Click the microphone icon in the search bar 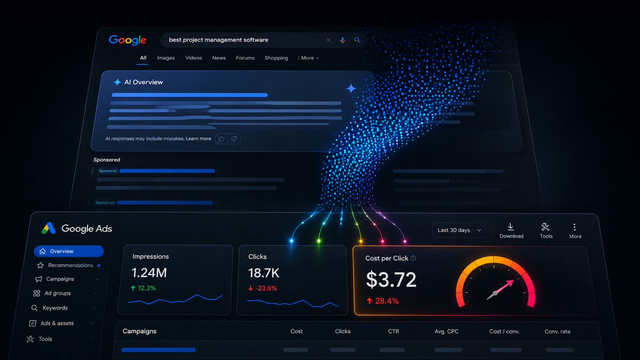tap(342, 40)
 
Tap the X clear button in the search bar tap(328, 40)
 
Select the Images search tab tap(166, 58)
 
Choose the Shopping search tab tap(276, 58)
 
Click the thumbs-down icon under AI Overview tap(234, 139)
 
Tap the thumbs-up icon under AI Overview tap(221, 139)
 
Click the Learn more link tap(198, 138)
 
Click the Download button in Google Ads tap(511, 231)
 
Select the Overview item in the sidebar tap(68, 251)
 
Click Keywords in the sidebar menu tap(55, 308)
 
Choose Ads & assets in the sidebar tap(57, 323)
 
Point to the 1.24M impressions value tap(149, 273)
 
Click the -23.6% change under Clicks tap(262, 288)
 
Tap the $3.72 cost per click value tap(391, 280)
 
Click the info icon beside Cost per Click tap(413, 258)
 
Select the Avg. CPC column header tap(446, 332)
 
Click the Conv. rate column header tap(558, 332)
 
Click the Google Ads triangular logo tap(48, 228)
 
